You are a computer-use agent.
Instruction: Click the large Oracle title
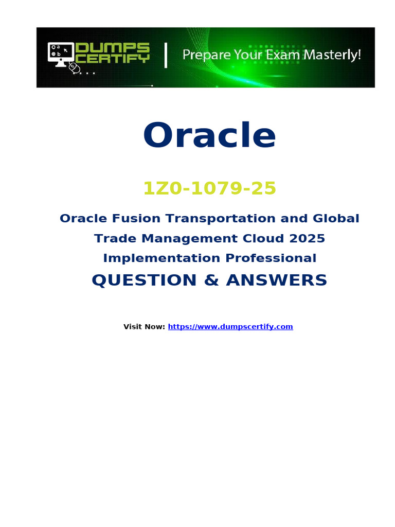click(210, 135)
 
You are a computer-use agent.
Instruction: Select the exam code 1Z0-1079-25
click(210, 188)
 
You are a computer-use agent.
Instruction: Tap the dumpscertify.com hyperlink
click(230, 327)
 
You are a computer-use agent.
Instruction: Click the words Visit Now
click(144, 327)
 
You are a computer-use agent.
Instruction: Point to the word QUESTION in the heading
click(144, 280)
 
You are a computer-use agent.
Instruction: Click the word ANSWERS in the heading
click(276, 280)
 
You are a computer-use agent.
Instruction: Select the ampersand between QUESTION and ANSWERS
click(211, 280)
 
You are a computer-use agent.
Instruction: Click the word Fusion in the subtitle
click(136, 218)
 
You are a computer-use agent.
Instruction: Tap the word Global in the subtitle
click(336, 218)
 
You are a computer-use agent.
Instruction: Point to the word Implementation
click(161, 258)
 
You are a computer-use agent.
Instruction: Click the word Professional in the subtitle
click(271, 258)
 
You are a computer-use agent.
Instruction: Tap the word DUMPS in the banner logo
click(113, 47)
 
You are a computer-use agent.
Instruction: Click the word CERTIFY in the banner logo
click(113, 58)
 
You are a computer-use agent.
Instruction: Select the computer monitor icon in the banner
click(61, 54)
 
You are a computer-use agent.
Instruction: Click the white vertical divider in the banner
click(166, 55)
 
